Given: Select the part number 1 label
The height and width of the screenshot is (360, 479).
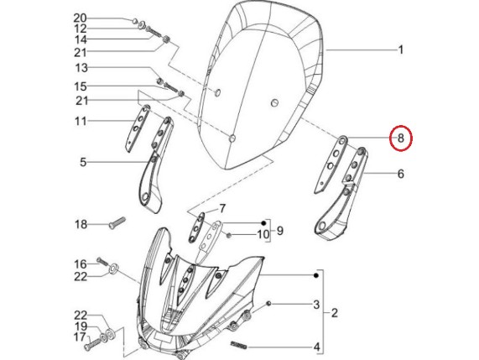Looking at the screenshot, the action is click(401, 50).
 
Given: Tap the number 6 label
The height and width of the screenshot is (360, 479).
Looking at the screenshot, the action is click(401, 174).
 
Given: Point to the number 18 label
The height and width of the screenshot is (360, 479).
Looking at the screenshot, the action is click(81, 225).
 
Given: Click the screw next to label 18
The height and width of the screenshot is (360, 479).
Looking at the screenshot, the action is click(117, 222).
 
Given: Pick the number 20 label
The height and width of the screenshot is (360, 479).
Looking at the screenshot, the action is click(80, 18).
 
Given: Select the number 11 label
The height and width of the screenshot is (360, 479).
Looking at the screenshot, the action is click(81, 122).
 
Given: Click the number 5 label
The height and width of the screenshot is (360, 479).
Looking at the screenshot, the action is click(83, 162).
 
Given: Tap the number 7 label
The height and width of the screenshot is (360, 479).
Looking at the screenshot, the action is click(222, 209).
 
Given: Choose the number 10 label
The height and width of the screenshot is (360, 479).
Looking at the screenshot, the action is click(263, 235).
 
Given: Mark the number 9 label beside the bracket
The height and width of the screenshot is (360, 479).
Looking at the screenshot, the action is click(280, 231).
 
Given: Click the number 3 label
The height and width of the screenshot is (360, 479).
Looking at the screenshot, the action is click(316, 305).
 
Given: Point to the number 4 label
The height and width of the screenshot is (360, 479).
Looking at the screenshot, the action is click(316, 347).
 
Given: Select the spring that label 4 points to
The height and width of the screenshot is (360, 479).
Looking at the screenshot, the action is click(238, 346).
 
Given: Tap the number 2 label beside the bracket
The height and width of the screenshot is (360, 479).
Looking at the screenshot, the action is click(335, 313).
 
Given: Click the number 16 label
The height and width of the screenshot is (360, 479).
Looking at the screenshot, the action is click(81, 264).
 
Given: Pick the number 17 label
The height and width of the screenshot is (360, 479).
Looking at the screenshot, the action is click(80, 337).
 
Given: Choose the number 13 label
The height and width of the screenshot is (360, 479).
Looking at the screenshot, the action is click(81, 68).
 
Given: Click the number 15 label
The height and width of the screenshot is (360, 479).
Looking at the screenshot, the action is click(81, 86).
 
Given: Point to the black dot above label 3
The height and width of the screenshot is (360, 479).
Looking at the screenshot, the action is click(316, 275).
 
